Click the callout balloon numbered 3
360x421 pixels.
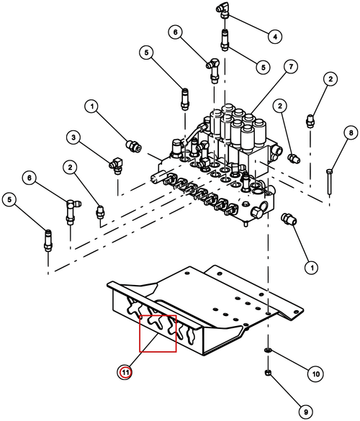73,137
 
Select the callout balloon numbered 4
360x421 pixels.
275,36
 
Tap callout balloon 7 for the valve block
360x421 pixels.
291,66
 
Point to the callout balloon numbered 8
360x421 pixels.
351,133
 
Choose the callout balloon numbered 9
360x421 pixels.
306,412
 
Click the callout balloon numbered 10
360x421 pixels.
315,374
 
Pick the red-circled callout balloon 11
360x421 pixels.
125,372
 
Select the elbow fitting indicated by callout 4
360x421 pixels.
222,10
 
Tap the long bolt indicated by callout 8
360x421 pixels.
329,181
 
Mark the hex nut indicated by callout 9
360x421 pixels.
268,373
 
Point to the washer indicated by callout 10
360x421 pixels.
268,350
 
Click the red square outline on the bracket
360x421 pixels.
158,333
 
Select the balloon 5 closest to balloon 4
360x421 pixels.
264,67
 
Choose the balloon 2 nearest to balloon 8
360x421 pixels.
330,79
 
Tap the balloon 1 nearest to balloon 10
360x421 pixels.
312,268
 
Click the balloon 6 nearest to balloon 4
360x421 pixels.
176,32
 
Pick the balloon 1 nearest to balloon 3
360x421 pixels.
92,107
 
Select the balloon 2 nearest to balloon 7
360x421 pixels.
280,106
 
